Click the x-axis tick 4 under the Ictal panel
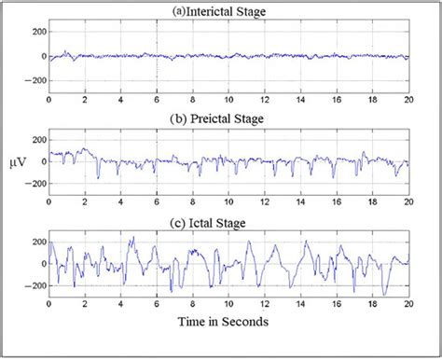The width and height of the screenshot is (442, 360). pos(120,304)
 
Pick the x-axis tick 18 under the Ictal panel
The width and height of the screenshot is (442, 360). pos(371,304)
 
